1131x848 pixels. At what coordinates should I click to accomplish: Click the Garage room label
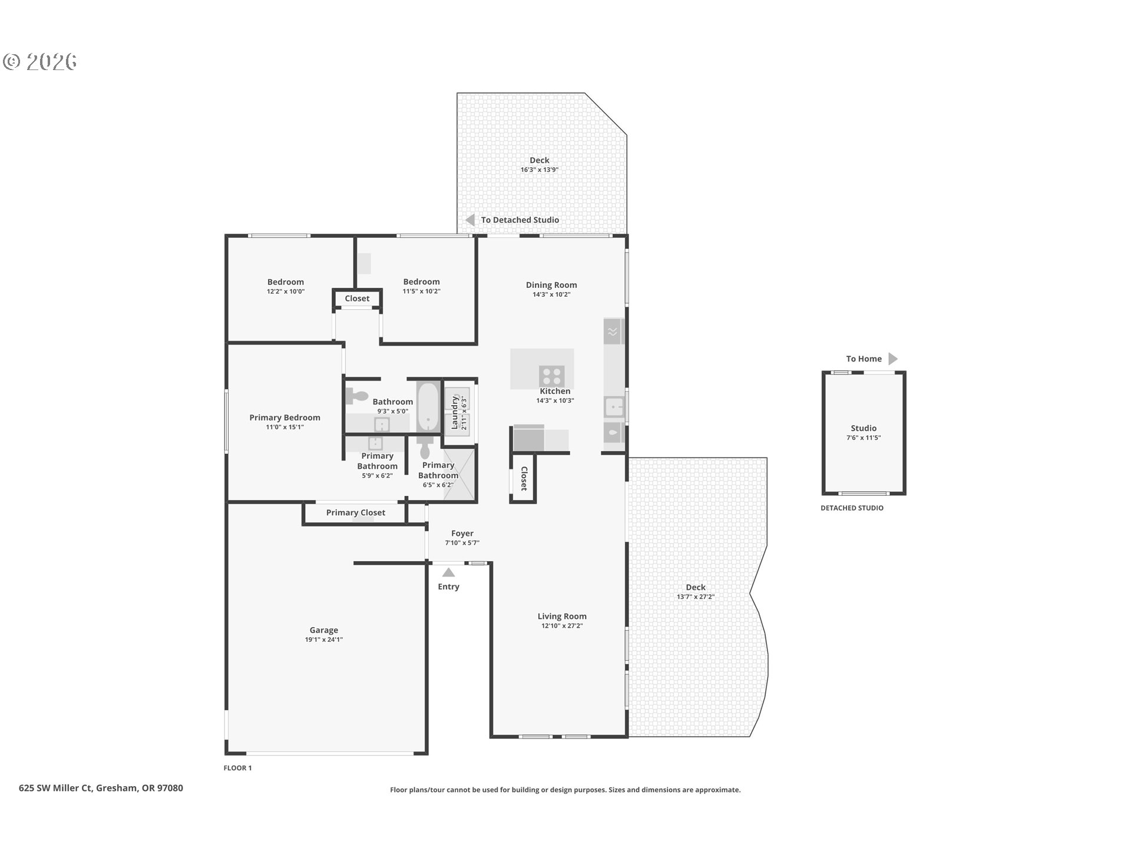coord(323,630)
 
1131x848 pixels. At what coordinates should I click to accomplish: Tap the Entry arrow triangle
coord(448,572)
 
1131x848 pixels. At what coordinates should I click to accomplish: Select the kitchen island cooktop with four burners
coord(552,376)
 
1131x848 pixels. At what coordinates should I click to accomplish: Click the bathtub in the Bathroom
coord(428,407)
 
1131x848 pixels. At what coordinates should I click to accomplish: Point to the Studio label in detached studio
coord(864,428)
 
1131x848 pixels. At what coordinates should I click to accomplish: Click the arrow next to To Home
coord(892,359)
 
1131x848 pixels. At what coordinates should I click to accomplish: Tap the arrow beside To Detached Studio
coord(470,220)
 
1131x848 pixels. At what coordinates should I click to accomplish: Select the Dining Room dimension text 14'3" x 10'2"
coord(551,294)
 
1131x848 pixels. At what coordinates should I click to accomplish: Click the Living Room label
coord(562,617)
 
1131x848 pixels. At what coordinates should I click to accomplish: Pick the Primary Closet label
coord(356,512)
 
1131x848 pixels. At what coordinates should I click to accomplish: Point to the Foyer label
coord(462,534)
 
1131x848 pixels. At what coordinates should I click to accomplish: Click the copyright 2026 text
coord(40,62)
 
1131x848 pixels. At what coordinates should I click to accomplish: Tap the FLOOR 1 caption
coord(237,768)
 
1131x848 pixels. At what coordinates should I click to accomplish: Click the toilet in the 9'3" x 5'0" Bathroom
coord(357,397)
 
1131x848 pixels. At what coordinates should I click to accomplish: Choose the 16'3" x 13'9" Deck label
coord(539,160)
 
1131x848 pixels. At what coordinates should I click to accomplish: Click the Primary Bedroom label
coord(285,418)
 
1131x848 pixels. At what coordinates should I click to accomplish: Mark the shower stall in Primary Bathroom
coord(459,474)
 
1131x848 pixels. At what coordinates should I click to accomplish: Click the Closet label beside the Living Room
coord(524,478)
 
